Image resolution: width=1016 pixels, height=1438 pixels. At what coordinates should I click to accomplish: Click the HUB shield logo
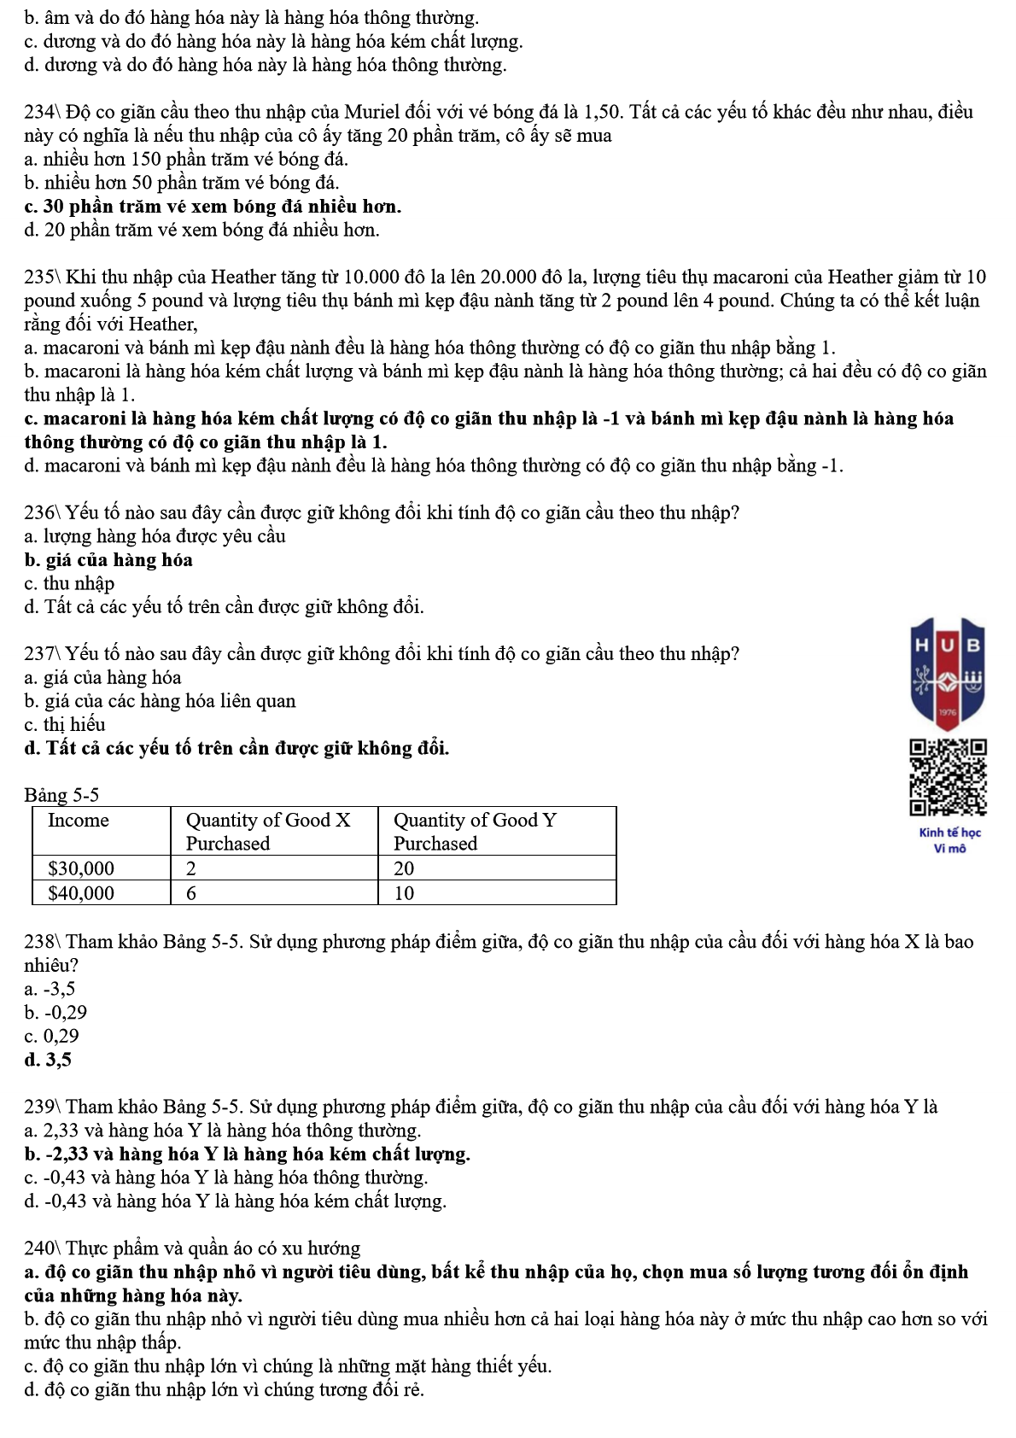point(948,673)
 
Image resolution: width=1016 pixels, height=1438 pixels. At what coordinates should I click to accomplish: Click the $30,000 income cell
point(81,868)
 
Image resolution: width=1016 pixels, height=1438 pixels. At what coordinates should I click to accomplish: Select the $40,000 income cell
point(81,893)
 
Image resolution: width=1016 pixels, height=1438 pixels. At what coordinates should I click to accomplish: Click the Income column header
point(79,821)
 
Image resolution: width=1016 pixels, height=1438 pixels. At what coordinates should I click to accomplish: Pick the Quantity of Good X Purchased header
point(268,831)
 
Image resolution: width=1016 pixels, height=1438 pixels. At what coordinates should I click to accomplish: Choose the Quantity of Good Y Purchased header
point(474,831)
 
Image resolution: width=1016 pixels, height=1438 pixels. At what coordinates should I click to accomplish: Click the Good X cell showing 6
point(191,893)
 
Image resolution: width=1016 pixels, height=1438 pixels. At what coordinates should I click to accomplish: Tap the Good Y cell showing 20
point(404,868)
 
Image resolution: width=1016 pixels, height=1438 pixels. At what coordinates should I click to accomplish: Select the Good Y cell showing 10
point(404,893)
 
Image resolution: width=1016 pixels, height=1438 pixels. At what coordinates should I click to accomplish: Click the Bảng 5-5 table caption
point(61,795)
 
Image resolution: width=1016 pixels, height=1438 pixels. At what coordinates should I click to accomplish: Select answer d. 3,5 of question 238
point(49,1060)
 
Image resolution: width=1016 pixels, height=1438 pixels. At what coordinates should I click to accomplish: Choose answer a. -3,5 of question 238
point(50,989)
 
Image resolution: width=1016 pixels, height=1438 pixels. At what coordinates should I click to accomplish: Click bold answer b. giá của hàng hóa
point(108,560)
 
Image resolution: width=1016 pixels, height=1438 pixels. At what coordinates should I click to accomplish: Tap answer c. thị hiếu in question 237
point(65,725)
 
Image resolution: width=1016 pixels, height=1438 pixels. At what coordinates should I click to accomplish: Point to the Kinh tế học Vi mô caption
point(949,840)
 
